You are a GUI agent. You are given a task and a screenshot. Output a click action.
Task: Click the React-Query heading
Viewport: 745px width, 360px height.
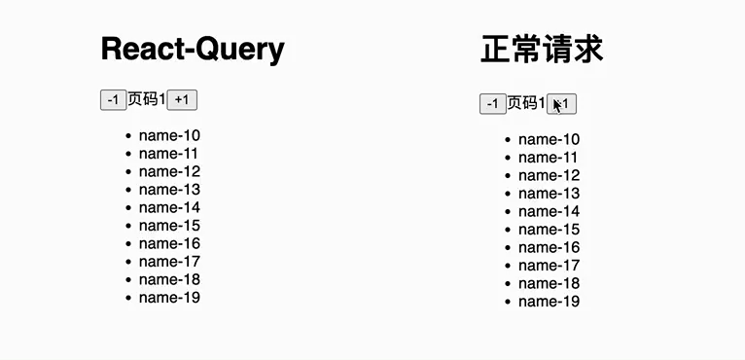(x=192, y=48)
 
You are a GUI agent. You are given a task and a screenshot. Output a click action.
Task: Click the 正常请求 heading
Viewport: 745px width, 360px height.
(x=542, y=50)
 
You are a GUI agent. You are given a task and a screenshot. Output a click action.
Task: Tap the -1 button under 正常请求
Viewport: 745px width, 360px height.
(x=492, y=104)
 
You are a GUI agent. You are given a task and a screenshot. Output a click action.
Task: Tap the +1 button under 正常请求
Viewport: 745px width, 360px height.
(x=562, y=104)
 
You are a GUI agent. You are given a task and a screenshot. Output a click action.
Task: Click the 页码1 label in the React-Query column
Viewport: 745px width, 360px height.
(x=147, y=99)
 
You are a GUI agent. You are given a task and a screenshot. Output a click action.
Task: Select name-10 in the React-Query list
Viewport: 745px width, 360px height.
(x=169, y=135)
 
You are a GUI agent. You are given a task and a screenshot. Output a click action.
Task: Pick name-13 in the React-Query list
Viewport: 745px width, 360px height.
(x=169, y=189)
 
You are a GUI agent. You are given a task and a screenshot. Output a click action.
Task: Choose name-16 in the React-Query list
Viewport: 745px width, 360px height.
(x=169, y=243)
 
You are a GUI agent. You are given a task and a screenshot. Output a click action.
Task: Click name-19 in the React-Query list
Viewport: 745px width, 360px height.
(x=169, y=297)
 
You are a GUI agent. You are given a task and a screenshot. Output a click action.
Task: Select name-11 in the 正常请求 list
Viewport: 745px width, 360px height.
(x=549, y=158)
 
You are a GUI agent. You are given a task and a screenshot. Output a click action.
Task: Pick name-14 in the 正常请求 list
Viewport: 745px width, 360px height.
(x=549, y=211)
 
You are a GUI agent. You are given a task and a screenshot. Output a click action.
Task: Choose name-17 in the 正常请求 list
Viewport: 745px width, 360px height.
(x=549, y=266)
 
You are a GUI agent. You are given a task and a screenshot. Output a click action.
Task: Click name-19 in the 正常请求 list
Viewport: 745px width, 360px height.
(x=549, y=302)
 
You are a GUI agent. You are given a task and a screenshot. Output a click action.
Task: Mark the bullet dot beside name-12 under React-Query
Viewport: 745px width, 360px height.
(x=127, y=172)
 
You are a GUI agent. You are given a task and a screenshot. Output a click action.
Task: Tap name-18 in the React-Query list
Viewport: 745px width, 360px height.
(x=169, y=279)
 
